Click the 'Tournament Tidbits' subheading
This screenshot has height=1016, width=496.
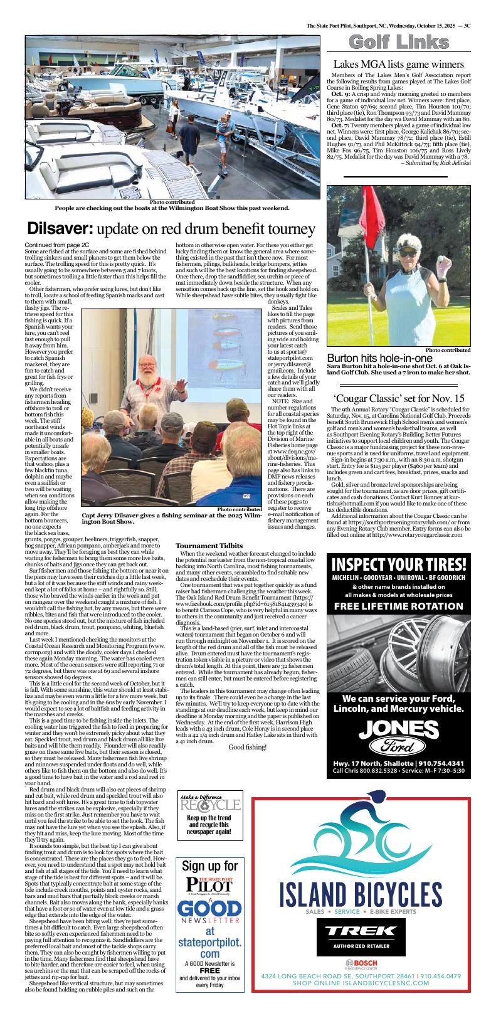pyautogui.click(x=209, y=546)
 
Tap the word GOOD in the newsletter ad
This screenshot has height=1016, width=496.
pyautogui.click(x=209, y=910)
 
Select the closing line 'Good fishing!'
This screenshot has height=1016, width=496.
pyautogui.click(x=248, y=765)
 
